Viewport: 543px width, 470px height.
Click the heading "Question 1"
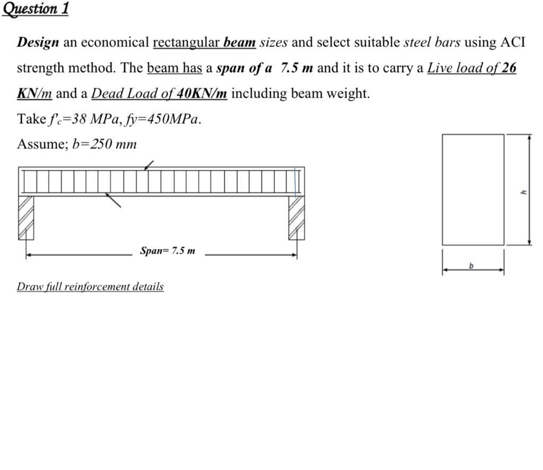(36, 9)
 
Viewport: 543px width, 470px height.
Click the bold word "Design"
(38, 42)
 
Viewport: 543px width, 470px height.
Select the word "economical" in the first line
(114, 42)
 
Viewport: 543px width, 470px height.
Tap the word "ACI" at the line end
(513, 42)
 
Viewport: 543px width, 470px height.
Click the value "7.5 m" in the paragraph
(296, 68)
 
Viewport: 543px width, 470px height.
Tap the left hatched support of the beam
(26, 217)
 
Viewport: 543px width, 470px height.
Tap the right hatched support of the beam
(296, 217)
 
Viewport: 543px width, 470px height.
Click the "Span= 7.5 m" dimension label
(167, 250)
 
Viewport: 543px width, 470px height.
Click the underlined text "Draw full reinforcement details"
(90, 286)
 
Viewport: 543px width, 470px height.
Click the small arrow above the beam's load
(149, 166)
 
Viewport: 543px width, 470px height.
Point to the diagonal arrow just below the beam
(113, 200)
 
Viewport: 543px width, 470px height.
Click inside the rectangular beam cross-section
(472, 189)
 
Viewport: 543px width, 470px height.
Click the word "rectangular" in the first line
(186, 42)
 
